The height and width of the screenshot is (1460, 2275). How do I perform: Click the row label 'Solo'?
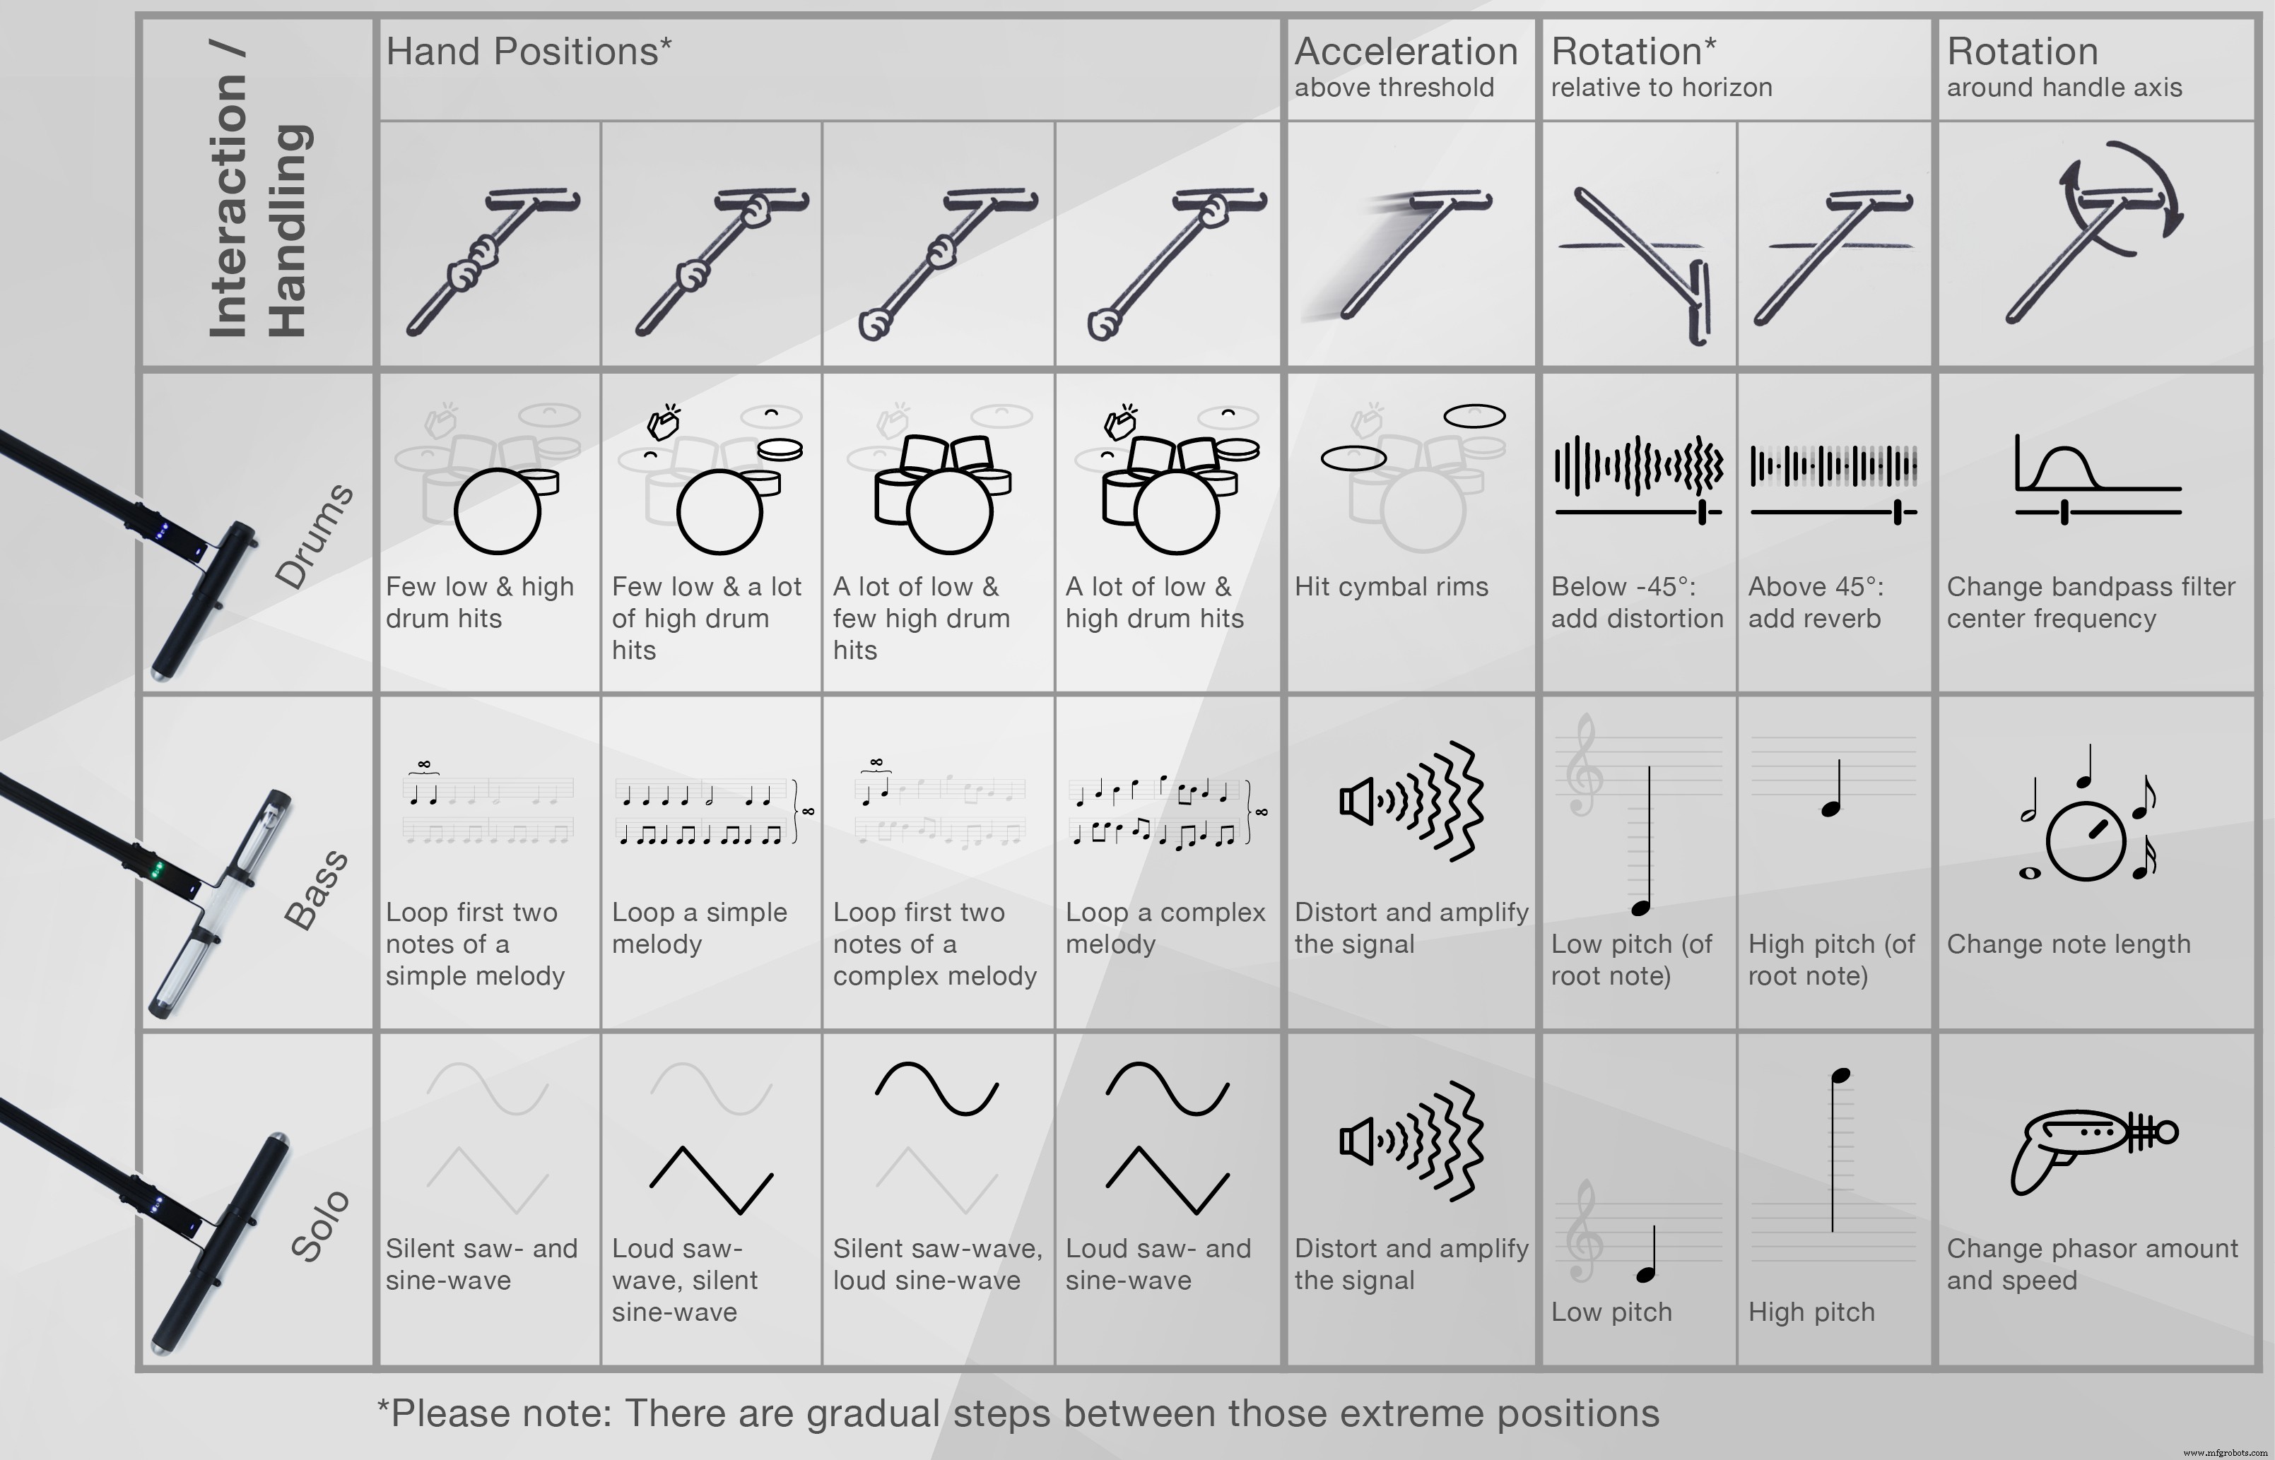pos(319,1225)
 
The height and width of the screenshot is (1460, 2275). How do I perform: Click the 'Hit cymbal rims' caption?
pos(1391,587)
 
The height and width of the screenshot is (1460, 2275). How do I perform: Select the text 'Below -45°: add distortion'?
pos(1637,603)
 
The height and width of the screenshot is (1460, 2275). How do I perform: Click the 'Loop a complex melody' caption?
pos(1165,928)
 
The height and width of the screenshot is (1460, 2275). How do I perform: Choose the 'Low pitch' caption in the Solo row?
pos(1611,1312)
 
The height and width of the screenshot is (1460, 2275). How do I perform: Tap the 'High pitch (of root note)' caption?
pos(1831,959)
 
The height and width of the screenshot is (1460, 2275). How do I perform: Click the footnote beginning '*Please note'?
pos(1018,1413)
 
